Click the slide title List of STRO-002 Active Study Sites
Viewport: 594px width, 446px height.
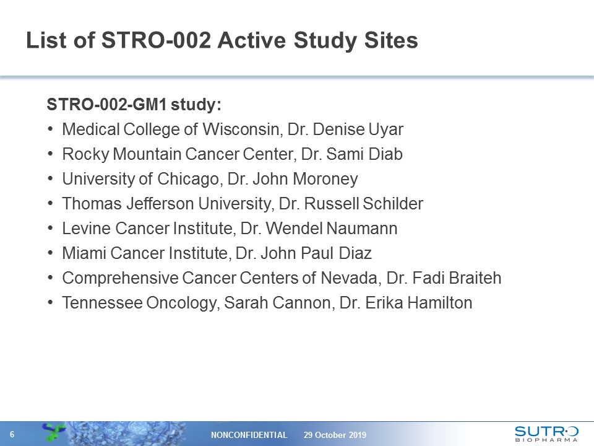pos(222,41)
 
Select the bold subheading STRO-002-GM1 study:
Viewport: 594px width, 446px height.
pos(134,105)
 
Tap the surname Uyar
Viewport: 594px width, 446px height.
pos(387,129)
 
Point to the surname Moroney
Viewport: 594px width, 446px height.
pos(325,179)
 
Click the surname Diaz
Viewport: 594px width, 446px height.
pos(356,253)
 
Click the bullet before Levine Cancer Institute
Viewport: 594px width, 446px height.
pos(50,229)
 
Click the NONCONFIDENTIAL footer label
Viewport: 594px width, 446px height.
pos(249,435)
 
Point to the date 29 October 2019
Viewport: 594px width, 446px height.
pos(335,435)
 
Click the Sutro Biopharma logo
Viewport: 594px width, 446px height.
pos(546,432)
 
